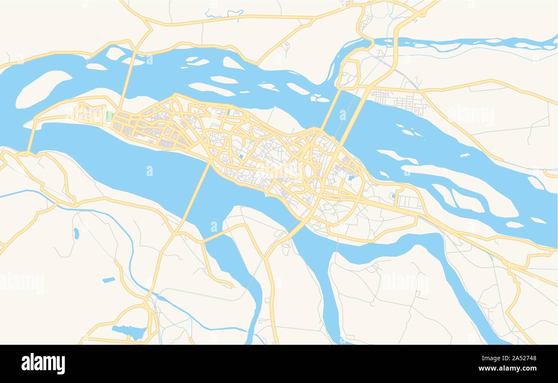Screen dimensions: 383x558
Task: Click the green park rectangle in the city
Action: click(x=109, y=116)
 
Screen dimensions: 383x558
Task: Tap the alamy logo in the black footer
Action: click(x=43, y=363)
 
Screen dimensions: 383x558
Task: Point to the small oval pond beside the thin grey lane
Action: click(x=76, y=233)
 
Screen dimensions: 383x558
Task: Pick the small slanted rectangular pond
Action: click(x=109, y=280)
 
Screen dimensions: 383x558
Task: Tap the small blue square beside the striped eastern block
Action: click(x=393, y=196)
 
